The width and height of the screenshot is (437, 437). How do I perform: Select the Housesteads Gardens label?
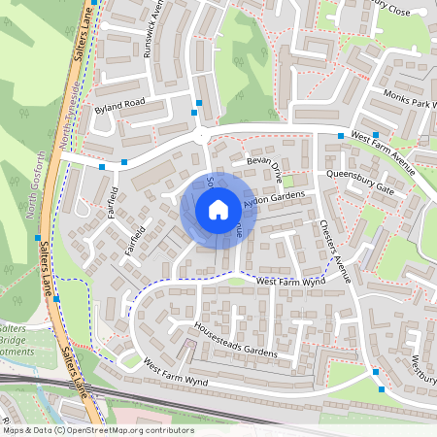(236, 340)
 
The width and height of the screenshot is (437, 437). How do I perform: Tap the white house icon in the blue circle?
(218, 209)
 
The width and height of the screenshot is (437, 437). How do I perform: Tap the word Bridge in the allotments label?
(14, 340)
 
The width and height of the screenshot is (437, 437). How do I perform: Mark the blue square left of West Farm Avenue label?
(339, 136)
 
